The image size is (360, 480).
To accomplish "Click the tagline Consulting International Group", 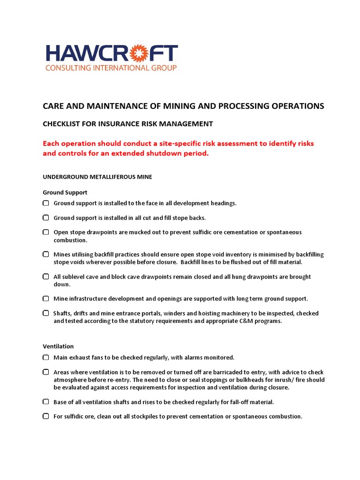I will [x=111, y=68].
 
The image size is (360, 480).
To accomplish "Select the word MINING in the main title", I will [x=166, y=106].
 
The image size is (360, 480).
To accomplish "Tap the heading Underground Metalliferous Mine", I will [x=97, y=177].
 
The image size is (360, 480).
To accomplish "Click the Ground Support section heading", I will [x=65, y=192].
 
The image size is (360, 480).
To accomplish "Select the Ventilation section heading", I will [x=58, y=346].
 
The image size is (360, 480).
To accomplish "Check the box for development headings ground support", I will [x=46, y=203].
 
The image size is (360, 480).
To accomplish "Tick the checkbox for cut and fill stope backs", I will [x=46, y=217].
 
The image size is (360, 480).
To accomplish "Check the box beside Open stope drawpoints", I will [x=46, y=232].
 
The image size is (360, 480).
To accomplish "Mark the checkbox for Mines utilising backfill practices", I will [x=46, y=254].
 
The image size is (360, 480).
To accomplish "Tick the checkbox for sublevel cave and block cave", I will [x=46, y=277].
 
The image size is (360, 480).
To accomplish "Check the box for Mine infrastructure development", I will [x=46, y=298].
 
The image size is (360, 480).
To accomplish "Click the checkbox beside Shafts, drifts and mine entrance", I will [x=46, y=313].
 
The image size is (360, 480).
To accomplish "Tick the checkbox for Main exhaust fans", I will [x=46, y=357].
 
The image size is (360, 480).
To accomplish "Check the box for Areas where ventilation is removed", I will [x=46, y=372].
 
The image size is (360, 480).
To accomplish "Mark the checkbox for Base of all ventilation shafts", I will [x=46, y=402].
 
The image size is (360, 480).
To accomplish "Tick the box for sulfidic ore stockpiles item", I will [x=46, y=416].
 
